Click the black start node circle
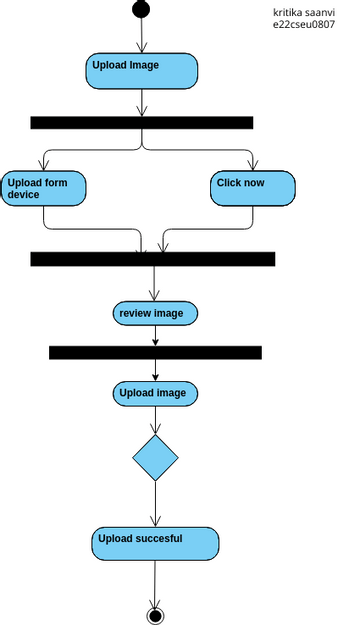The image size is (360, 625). tap(141, 9)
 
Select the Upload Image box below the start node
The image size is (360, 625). tap(141, 70)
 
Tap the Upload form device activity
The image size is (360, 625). tap(43, 188)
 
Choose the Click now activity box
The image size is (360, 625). tap(253, 188)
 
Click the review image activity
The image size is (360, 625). tap(155, 313)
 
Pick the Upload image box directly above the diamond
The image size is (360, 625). tap(155, 393)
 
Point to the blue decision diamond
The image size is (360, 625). tap(155, 457)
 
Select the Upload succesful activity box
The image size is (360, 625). tap(155, 543)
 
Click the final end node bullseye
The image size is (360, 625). tap(155, 615)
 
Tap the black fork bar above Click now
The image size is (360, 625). tap(141, 123)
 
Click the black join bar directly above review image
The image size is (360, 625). tap(152, 259)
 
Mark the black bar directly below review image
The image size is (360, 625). tap(155, 352)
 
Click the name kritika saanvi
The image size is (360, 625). tap(303, 12)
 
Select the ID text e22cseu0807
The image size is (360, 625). tap(303, 25)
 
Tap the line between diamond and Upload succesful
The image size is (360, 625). tap(155, 505)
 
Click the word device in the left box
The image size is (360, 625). tap(24, 195)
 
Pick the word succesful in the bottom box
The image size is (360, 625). tap(156, 538)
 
